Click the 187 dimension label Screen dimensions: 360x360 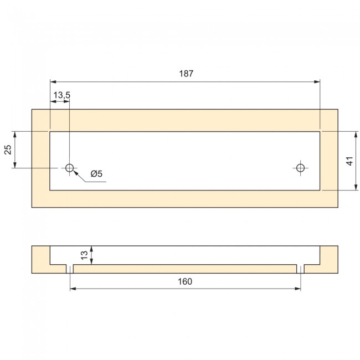point(186,74)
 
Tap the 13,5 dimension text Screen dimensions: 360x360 point(62,95)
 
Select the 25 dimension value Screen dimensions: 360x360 point(8,150)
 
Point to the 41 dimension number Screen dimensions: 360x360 point(349,161)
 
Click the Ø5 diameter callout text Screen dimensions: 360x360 point(96,174)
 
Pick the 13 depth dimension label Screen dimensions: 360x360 point(85,255)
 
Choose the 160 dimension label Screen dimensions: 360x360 point(185,281)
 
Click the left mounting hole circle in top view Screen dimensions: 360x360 point(69,168)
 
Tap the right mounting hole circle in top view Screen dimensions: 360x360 point(300,168)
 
